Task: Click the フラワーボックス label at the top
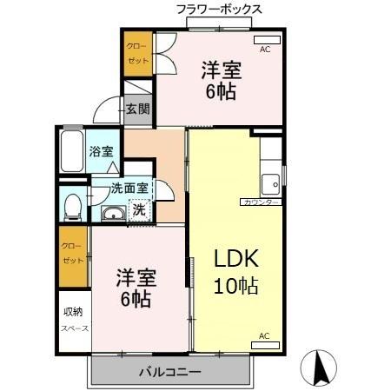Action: click(219, 10)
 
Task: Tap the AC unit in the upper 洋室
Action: click(265, 40)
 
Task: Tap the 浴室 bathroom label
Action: click(101, 151)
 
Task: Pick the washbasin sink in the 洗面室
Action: click(111, 215)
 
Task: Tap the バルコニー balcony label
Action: click(170, 372)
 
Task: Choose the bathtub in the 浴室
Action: click(72, 151)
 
